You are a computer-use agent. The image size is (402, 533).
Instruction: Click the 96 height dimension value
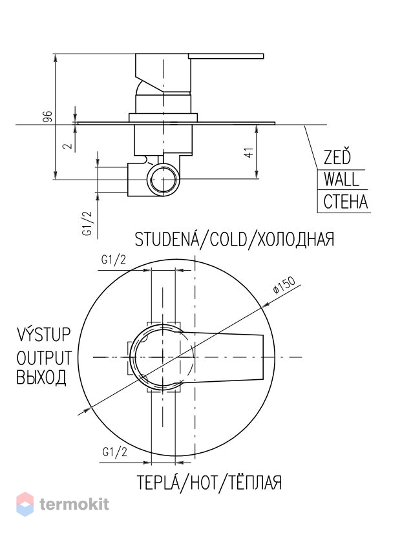48,116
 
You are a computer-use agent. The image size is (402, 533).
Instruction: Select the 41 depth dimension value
249,152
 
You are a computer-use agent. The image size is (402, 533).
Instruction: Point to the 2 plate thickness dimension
69,145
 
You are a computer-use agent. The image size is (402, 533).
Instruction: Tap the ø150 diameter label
284,285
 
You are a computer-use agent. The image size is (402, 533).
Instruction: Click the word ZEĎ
337,157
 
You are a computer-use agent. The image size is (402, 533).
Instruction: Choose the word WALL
341,179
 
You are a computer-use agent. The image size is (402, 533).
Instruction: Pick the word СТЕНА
346,202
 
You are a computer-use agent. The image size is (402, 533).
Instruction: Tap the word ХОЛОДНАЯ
295,239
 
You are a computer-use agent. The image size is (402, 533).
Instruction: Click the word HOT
204,482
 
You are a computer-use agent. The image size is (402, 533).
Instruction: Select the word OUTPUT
44,358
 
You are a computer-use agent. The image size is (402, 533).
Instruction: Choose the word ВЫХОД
41,377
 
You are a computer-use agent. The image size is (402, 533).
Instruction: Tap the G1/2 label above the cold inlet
114,260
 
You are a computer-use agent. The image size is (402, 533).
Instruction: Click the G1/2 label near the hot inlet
114,452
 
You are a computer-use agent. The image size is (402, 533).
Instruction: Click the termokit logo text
74,504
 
